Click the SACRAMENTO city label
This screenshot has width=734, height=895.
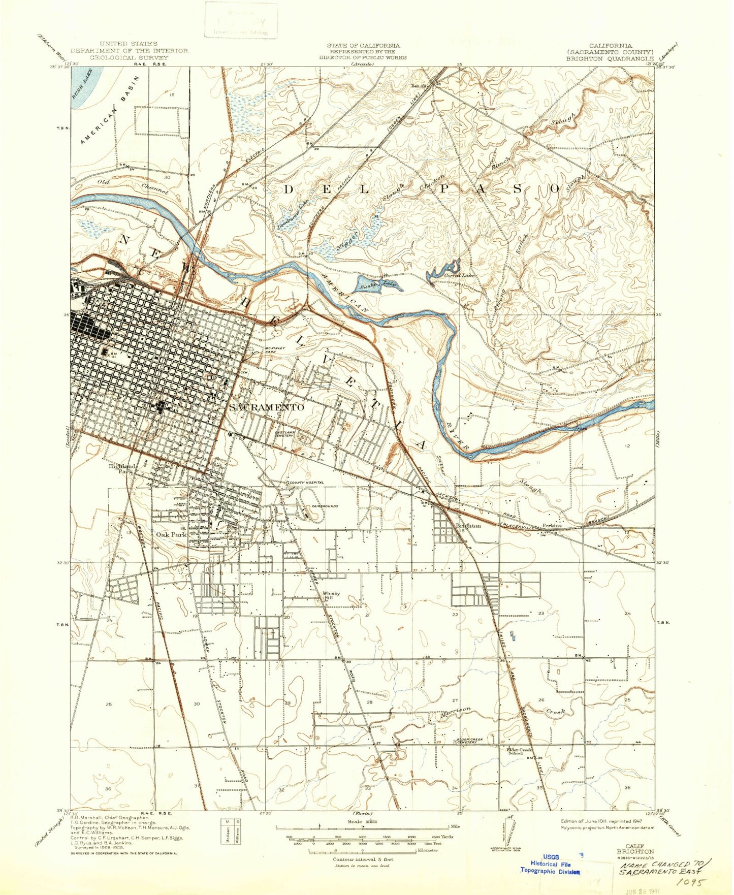(x=267, y=407)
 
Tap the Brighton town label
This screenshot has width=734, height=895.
(x=468, y=526)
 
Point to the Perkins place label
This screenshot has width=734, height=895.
(x=552, y=525)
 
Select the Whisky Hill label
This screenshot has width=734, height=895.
(x=331, y=596)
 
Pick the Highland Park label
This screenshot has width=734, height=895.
(x=122, y=468)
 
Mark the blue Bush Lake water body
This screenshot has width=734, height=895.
(x=86, y=86)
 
